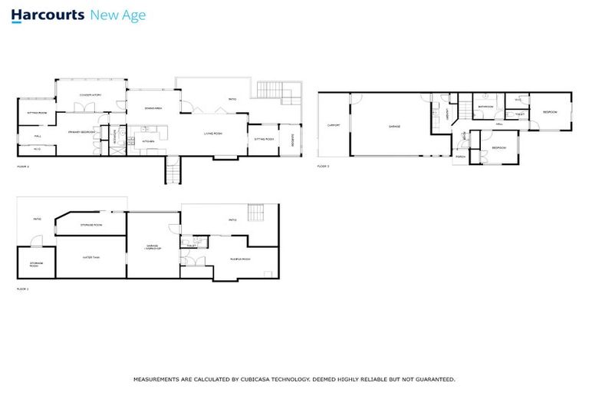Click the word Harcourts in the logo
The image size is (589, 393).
[48, 15]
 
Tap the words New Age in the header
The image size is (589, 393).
[117, 15]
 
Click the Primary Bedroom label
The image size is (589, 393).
[80, 132]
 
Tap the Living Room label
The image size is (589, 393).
[212, 133]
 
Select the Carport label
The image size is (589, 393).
[334, 124]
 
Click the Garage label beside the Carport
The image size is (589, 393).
[393, 126]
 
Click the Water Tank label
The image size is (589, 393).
[91, 257]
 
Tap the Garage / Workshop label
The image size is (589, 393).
[153, 247]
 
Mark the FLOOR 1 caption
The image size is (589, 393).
[22, 289]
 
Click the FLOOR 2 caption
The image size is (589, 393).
[22, 166]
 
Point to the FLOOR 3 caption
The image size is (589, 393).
[323, 166]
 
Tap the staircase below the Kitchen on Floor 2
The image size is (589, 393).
[173, 170]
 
